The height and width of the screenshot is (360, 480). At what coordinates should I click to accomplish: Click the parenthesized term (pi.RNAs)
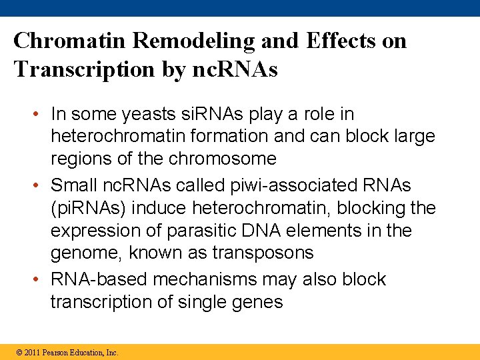[x=89, y=208]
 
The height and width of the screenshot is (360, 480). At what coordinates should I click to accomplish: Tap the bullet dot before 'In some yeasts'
[x=40, y=115]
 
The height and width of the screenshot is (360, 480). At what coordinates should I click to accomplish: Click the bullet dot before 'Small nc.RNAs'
[x=40, y=185]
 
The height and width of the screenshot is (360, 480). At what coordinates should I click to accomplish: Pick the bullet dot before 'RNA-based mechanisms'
[x=40, y=279]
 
